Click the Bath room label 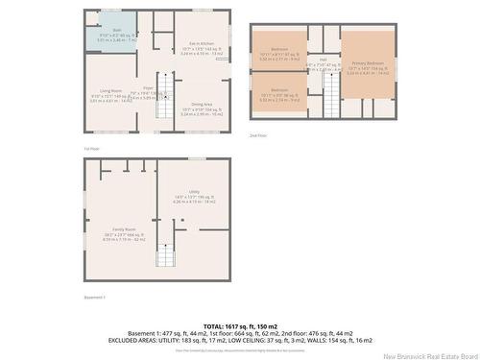coord(103,30)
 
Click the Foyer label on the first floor coord(149,88)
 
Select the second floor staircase coord(329,93)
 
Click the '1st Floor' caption coord(91,149)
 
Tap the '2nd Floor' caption coord(256,134)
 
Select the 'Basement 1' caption coord(94,298)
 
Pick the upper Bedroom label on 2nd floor coord(279,49)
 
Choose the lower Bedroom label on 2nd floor coord(279,90)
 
